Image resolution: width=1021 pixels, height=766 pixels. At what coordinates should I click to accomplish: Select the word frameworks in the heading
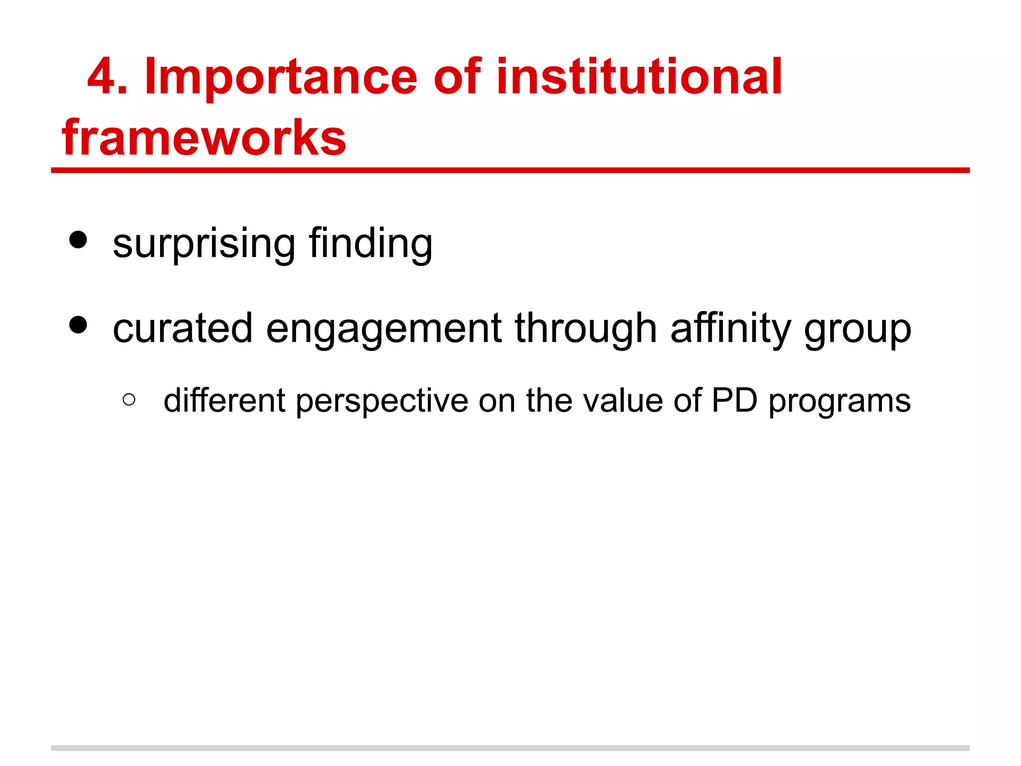(x=204, y=138)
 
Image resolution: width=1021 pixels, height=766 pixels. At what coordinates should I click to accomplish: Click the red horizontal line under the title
(x=510, y=171)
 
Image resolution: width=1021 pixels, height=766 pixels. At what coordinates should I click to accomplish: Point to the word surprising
(x=204, y=244)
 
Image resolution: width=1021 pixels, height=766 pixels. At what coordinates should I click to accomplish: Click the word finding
(x=370, y=244)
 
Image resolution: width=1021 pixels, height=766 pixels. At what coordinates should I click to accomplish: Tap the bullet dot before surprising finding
(x=78, y=240)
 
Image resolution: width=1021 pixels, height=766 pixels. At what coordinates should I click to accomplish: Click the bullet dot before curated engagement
(x=78, y=325)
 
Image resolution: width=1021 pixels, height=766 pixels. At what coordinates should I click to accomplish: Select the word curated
(x=182, y=329)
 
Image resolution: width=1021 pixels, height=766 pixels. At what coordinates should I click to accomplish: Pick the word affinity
(x=731, y=329)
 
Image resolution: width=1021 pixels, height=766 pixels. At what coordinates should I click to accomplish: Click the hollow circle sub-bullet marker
(x=129, y=399)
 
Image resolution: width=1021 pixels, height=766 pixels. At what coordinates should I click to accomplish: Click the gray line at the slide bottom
(x=510, y=748)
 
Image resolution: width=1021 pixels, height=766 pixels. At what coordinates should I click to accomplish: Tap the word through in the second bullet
(x=586, y=329)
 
